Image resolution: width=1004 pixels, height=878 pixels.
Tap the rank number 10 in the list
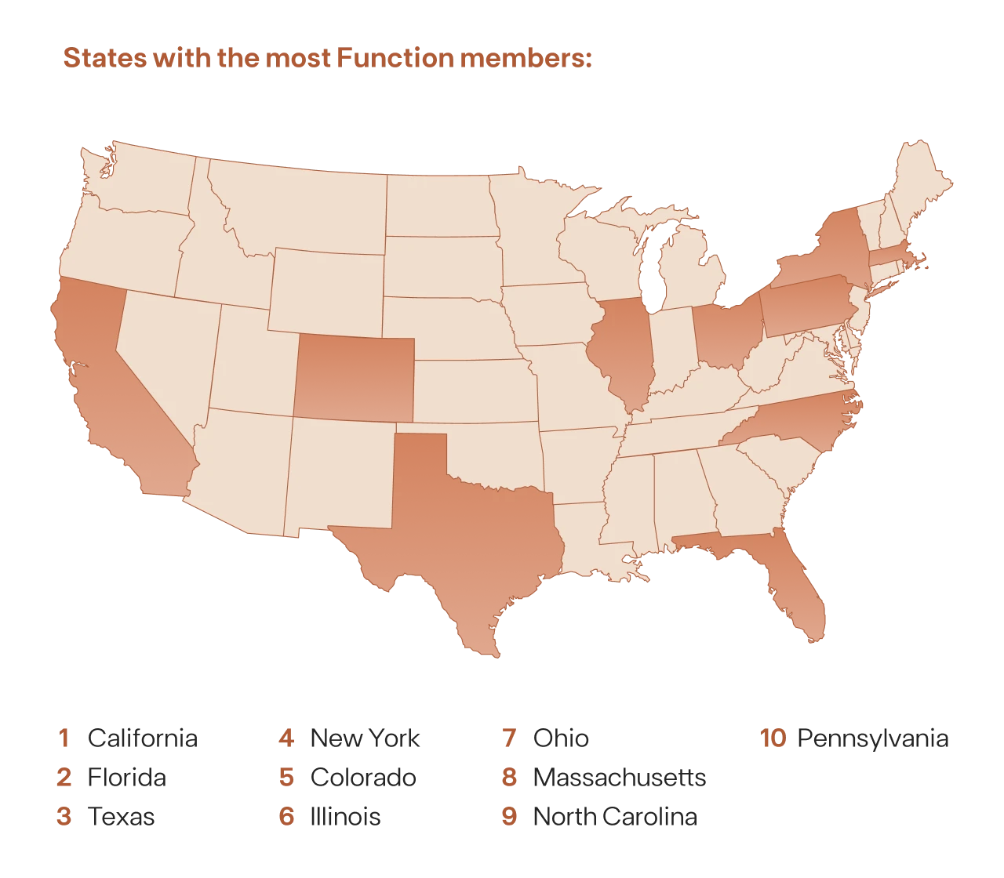tap(773, 740)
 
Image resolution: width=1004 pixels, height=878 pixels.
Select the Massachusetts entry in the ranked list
tap(620, 778)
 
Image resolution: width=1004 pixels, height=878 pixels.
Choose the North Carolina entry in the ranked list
tap(614, 816)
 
